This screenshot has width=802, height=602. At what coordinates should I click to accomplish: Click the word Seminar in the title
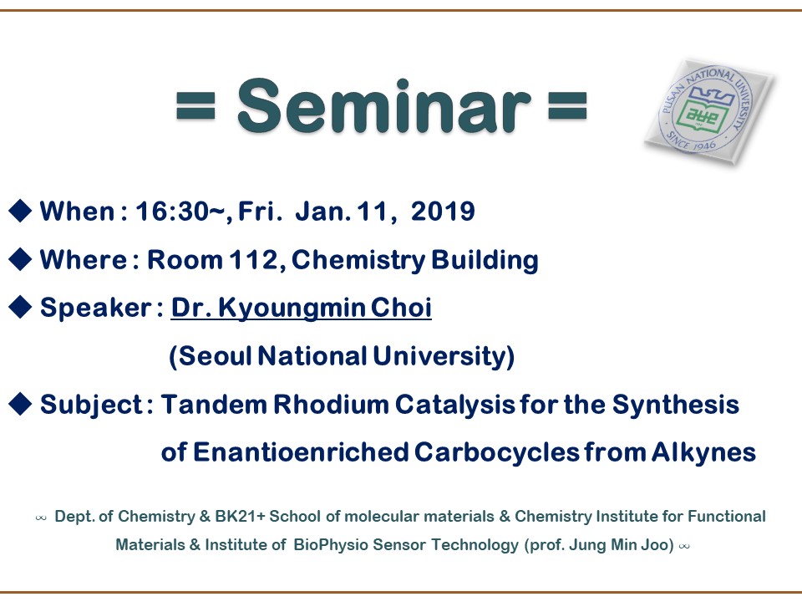click(x=384, y=106)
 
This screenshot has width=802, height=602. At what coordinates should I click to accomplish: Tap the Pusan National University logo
click(x=709, y=111)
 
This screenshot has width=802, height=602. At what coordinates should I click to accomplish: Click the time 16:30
click(x=172, y=212)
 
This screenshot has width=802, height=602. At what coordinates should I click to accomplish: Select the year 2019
click(x=443, y=211)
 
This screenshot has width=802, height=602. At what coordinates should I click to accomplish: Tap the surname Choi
click(x=401, y=308)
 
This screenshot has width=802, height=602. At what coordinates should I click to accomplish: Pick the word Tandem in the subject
click(x=215, y=405)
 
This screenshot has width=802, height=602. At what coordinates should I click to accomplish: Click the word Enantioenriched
click(x=301, y=452)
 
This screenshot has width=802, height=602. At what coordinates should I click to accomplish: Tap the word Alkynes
click(x=703, y=452)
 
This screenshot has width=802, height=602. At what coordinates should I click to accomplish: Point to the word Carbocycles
click(x=496, y=452)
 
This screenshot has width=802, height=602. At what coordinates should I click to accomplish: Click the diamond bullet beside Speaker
click(x=20, y=307)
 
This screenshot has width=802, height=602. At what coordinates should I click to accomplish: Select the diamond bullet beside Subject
click(x=20, y=404)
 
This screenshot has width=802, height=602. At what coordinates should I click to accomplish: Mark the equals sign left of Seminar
click(x=195, y=105)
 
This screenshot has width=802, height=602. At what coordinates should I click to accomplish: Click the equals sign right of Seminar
click(x=567, y=105)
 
